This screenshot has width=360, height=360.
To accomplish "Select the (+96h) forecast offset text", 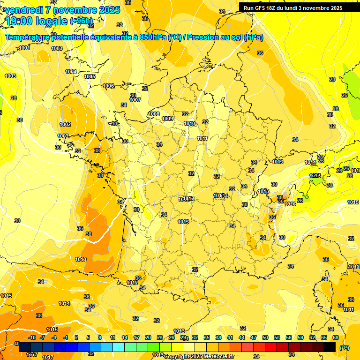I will tap(81, 21).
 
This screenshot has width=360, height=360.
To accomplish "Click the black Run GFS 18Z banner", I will tap(293, 8).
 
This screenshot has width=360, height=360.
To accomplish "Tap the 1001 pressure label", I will tap(25, 48).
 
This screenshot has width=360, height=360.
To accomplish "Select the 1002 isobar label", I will tap(65, 124).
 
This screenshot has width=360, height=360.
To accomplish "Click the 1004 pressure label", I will tap(71, 72).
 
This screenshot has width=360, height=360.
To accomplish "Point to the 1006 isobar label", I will tap(108, 86).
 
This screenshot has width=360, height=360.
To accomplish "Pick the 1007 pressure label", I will tap(135, 100).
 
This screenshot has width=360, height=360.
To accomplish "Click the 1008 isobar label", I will tap(154, 114).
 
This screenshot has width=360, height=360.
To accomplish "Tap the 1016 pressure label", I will tap(290, 204).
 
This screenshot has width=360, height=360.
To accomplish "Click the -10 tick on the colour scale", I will tap(32, 337).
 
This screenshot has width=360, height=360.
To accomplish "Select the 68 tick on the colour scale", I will tap(336, 337).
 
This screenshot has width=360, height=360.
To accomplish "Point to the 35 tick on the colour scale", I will tap(207, 337).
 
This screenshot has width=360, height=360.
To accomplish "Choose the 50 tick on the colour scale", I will tap(265, 337).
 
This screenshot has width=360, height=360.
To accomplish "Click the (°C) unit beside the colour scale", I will tap(345, 347).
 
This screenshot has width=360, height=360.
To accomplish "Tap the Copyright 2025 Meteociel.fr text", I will tap(199, 356).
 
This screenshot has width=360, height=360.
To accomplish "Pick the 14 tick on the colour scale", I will tap(125, 337).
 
